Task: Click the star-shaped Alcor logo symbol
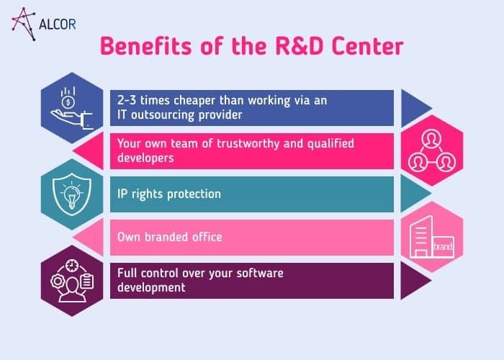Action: (x=25, y=21)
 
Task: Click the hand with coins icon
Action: (x=71, y=107)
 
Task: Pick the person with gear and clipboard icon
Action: (x=71, y=280)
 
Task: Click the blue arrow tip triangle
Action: (x=413, y=107)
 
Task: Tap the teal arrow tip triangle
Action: (x=413, y=194)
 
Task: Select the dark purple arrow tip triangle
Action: (x=413, y=280)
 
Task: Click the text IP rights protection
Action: (x=169, y=194)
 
